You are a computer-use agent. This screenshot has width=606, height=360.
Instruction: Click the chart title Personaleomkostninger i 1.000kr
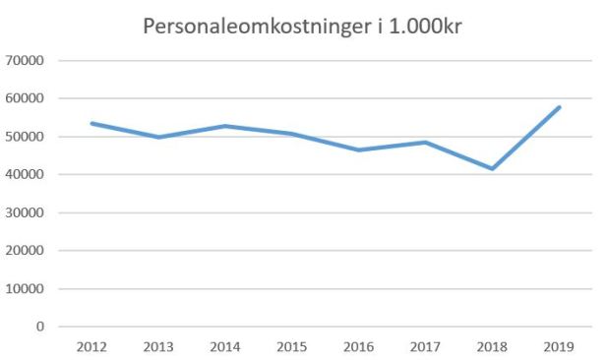(302, 28)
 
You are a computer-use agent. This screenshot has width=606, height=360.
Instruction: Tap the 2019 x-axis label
(557, 347)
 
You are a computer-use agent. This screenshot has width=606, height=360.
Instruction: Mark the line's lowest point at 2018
(490, 169)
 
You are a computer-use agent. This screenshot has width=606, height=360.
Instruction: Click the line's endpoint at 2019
(559, 107)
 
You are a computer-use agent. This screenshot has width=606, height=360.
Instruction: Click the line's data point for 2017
(424, 143)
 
